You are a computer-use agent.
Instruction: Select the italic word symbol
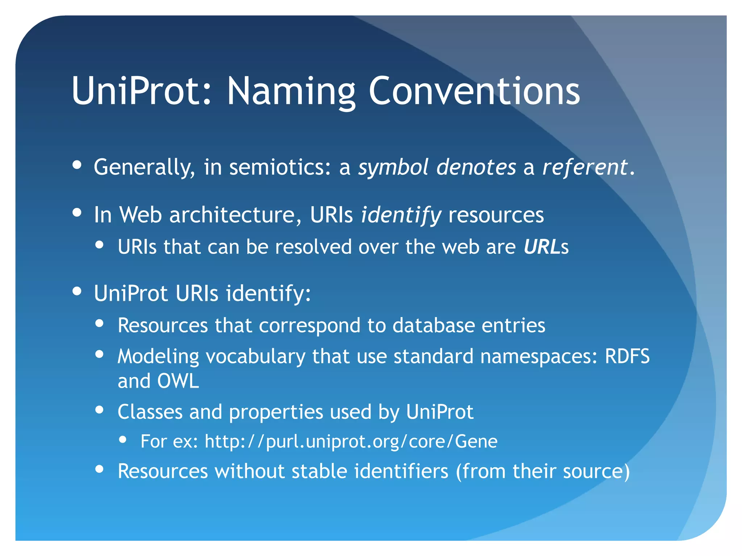(x=393, y=167)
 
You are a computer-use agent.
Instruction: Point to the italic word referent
(x=585, y=167)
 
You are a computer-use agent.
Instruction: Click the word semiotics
(x=280, y=167)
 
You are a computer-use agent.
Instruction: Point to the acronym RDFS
(x=627, y=357)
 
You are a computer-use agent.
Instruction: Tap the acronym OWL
(x=178, y=381)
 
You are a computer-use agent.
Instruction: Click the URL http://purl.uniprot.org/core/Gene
(x=351, y=442)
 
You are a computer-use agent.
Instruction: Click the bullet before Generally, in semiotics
(x=77, y=165)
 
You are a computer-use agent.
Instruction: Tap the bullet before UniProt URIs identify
(x=77, y=291)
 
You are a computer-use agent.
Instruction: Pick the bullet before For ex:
(x=123, y=439)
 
